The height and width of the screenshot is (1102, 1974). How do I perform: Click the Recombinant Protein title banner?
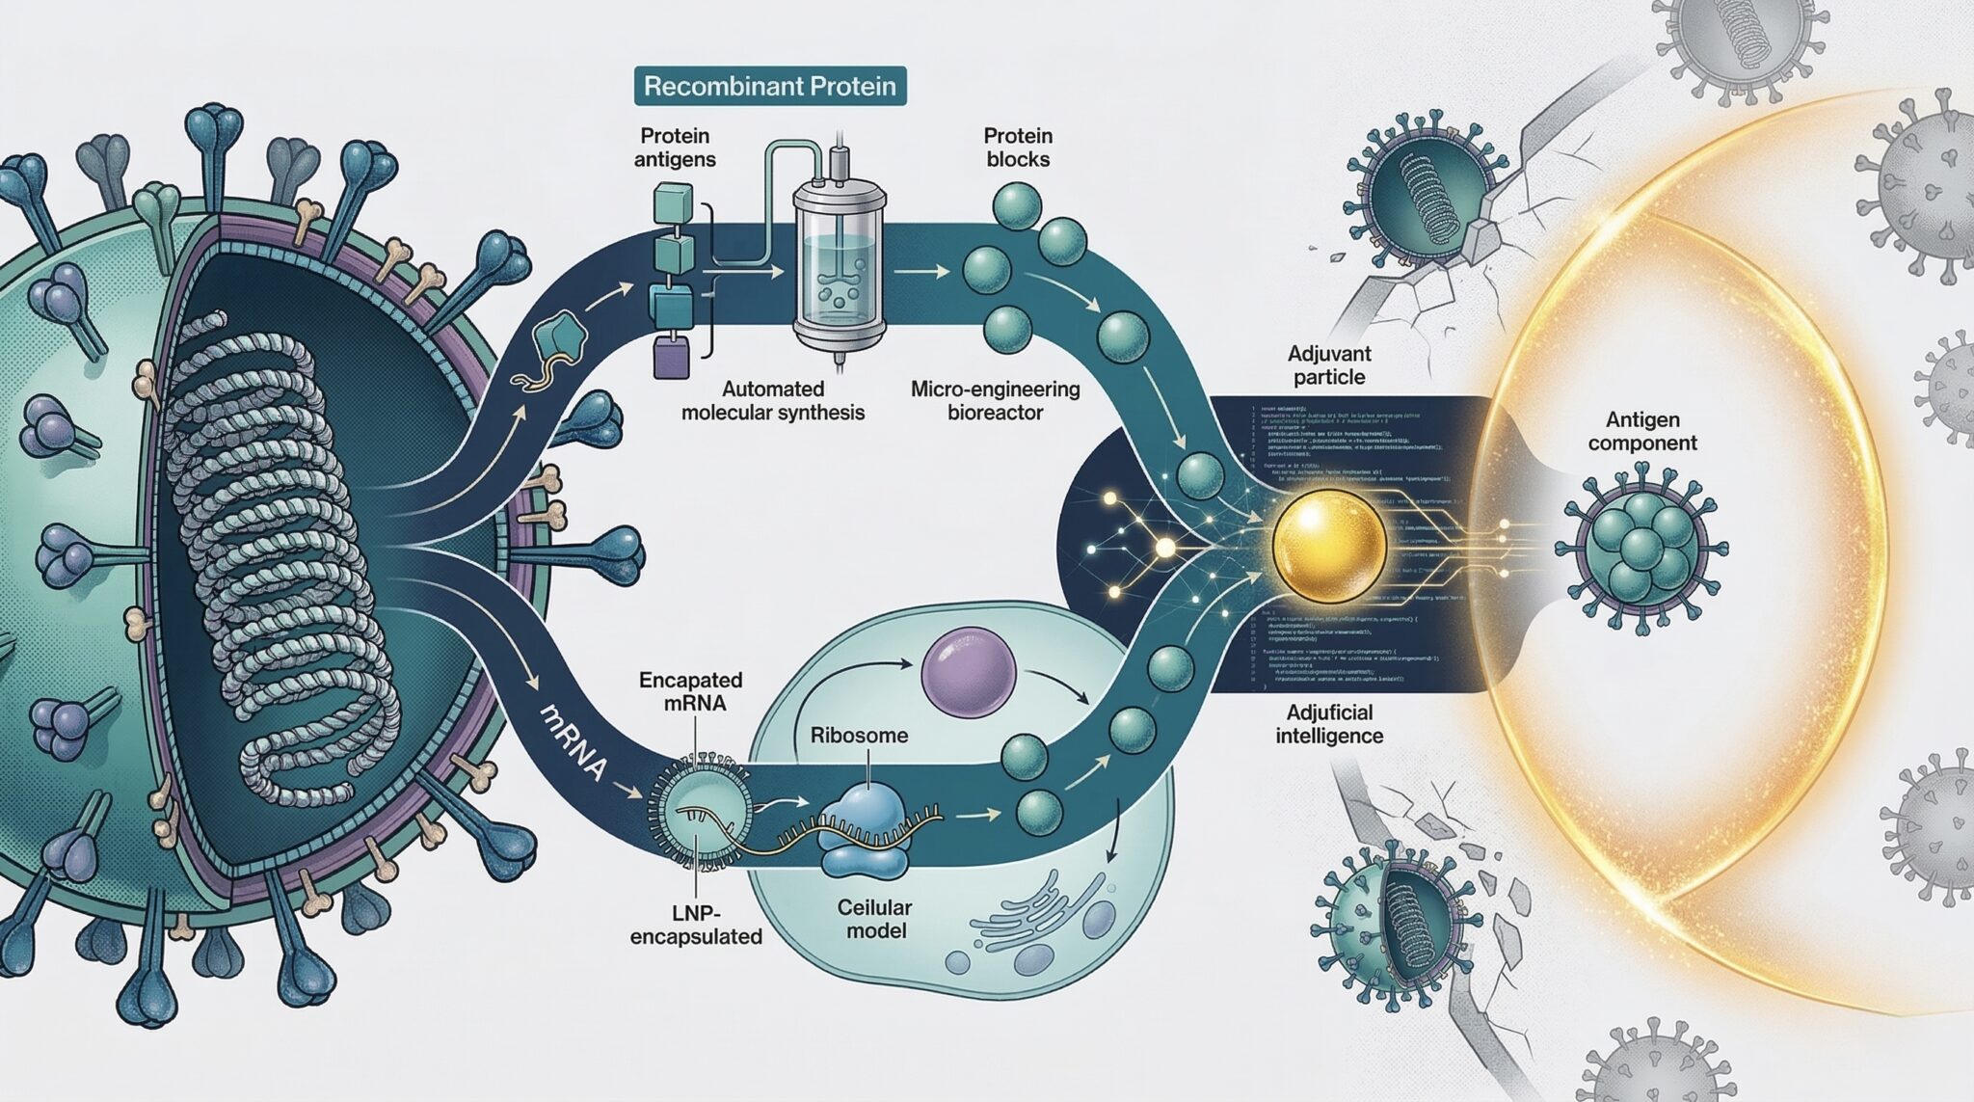pos(769,86)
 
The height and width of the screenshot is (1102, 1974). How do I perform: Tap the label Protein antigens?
pos(675,148)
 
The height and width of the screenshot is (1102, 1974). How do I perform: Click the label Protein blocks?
pos(1018,148)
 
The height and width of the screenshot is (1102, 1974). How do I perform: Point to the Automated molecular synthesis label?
pos(772,400)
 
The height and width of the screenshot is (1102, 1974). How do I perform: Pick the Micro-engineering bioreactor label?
pos(995,401)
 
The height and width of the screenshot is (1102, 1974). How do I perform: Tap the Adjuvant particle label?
pos(1329,364)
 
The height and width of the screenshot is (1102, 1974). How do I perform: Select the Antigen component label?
pos(1642,431)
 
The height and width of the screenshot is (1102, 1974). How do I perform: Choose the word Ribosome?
pos(859,736)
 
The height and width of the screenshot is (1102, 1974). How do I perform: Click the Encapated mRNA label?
pos(690,690)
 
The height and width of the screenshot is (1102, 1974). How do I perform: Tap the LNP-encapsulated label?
pos(696,923)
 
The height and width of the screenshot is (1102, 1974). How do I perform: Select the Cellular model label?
pos(874,919)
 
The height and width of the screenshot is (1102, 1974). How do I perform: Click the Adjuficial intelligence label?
pos(1329,724)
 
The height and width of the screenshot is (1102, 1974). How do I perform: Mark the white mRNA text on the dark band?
pos(574,739)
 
